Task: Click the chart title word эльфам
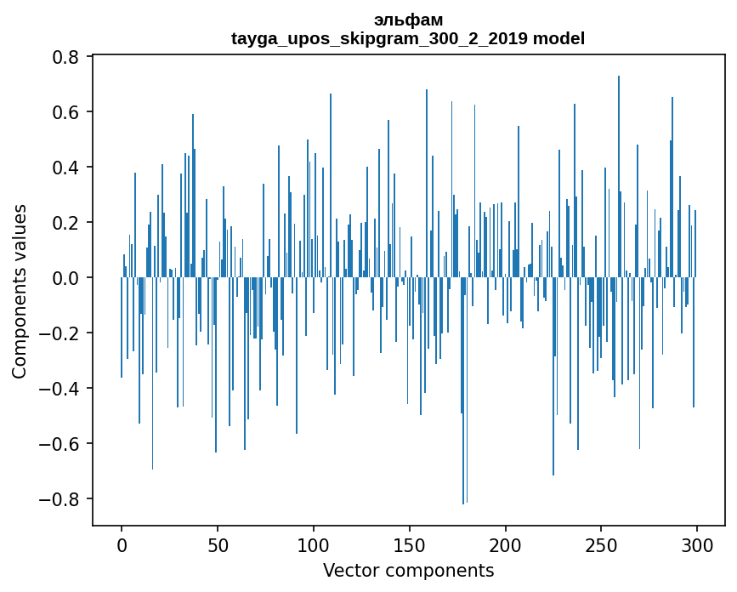[x=408, y=20]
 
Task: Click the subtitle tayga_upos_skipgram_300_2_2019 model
[x=408, y=38]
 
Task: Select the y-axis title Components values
[x=20, y=291]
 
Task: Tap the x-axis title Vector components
[x=408, y=571]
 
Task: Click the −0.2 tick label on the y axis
[x=62, y=333]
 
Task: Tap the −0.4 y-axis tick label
[x=62, y=389]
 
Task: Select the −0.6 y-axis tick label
[x=62, y=444]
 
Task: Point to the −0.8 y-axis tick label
[x=62, y=499]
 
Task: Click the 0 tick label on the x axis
[x=122, y=544]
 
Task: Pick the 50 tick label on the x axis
[x=218, y=544]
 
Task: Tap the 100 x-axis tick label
[x=314, y=544]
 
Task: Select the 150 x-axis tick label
[x=410, y=544]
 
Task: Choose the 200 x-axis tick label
[x=506, y=544]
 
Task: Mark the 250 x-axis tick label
[x=602, y=544]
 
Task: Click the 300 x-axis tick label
[x=698, y=544]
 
